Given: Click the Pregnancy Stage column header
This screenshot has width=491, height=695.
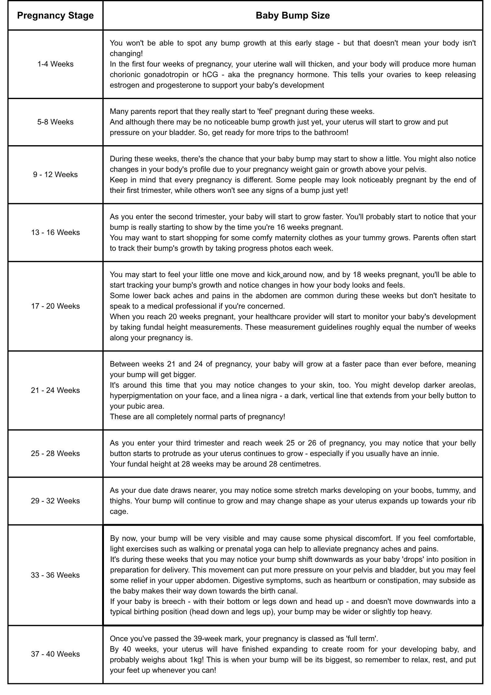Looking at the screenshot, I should click(55, 15).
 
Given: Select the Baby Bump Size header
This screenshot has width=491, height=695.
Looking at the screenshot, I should click(292, 15).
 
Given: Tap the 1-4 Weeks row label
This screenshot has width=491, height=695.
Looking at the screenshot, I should click(55, 64).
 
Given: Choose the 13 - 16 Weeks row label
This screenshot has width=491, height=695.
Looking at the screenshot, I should click(55, 232).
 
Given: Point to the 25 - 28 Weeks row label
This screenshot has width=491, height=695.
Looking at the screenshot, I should click(55, 454).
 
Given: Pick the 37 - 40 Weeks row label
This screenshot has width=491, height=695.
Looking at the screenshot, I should click(55, 654).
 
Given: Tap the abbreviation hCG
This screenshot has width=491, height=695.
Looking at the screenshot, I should click(210, 75).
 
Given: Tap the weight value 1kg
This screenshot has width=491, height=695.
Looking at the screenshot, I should click(197, 660).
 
